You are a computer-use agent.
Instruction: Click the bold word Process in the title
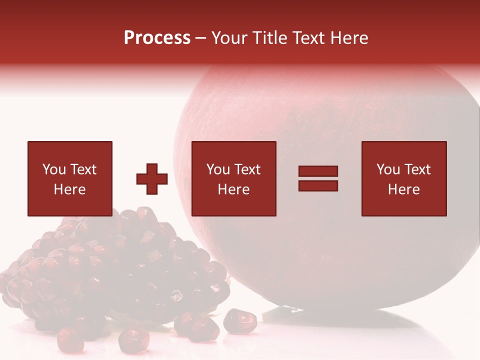point(157,38)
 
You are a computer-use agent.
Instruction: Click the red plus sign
point(152,179)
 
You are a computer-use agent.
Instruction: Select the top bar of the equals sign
point(318,171)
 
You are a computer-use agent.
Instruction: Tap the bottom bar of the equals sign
point(318,185)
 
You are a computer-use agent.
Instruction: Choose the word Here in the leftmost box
point(69,189)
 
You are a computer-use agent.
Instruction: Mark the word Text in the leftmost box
point(82,169)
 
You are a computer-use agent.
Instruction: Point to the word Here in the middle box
point(233,189)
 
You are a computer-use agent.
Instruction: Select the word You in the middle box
point(218,169)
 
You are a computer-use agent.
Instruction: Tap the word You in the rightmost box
point(388,169)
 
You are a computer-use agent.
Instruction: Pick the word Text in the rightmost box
point(416,169)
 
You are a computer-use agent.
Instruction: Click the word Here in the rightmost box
point(403,189)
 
